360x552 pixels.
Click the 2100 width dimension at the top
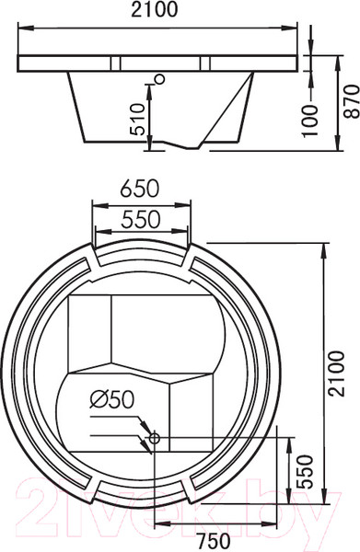tap(155, 10)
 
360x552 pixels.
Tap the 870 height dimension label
tap(352, 102)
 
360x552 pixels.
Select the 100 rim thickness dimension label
tap(310, 121)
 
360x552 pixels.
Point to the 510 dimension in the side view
tap(137, 120)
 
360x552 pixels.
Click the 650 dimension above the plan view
tap(140, 189)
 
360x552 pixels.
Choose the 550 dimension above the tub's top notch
tap(141, 220)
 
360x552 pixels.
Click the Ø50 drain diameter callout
tap(112, 400)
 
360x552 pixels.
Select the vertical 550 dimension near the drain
tap(305, 473)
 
